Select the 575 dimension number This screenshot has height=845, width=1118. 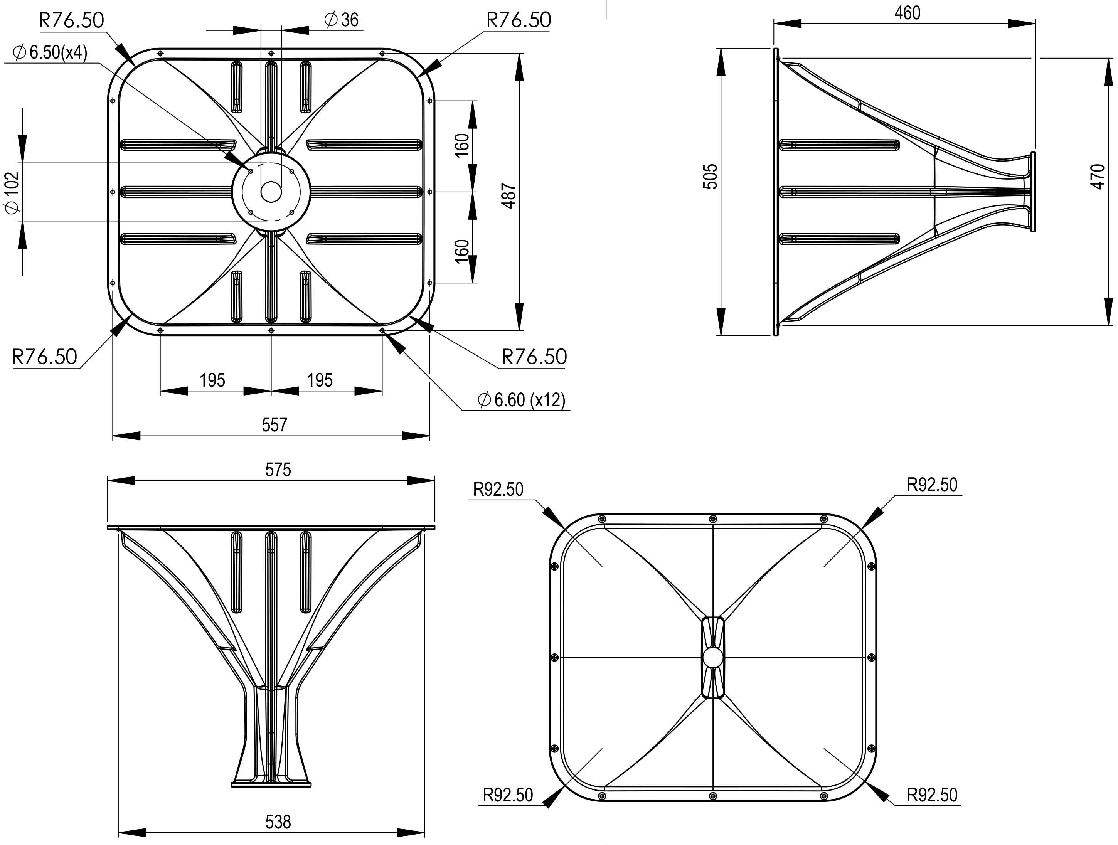(x=278, y=470)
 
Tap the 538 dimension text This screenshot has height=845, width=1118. (x=278, y=822)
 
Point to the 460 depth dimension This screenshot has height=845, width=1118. (x=907, y=13)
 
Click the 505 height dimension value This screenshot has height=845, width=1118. (x=711, y=177)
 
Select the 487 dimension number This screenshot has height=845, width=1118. (x=510, y=196)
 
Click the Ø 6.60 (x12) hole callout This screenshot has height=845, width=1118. (x=522, y=400)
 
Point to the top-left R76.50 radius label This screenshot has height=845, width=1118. (x=71, y=20)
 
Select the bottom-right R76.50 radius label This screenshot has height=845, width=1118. (x=534, y=357)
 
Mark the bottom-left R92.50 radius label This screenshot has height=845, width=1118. (x=508, y=795)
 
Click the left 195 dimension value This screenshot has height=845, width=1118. (x=212, y=380)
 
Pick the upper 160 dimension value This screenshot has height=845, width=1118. (x=462, y=146)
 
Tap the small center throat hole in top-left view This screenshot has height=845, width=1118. (x=271, y=192)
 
